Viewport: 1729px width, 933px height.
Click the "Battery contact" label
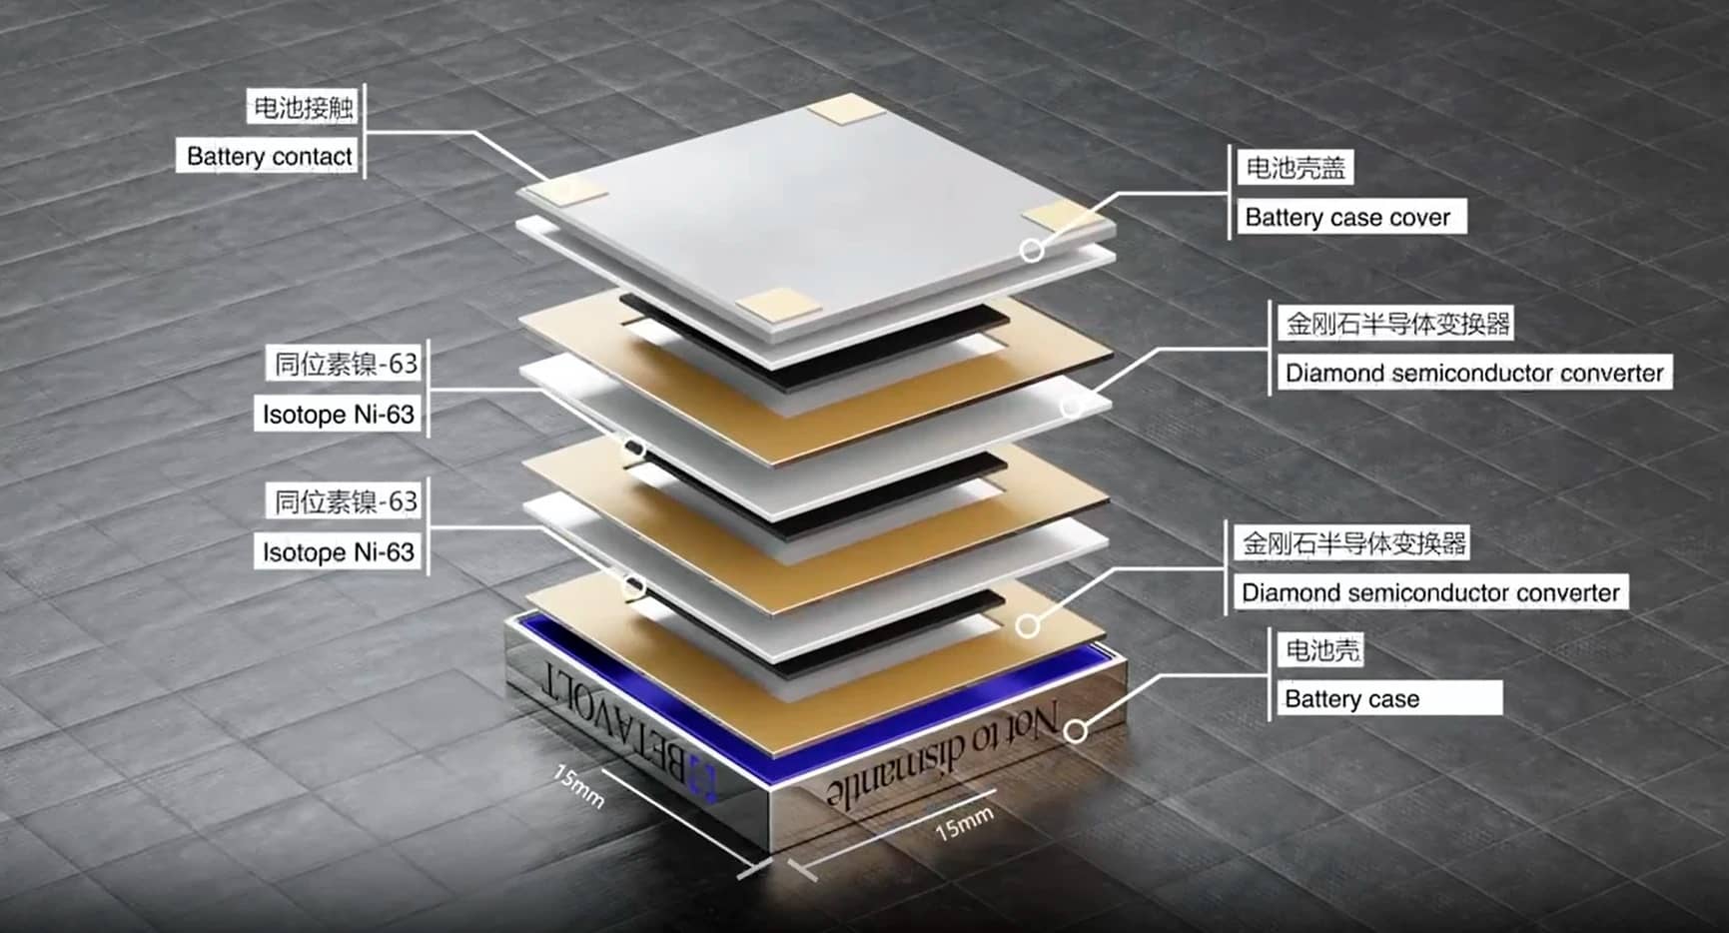click(269, 157)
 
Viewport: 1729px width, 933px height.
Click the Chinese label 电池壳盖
click(1296, 167)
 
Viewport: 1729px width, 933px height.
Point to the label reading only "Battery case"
click(1351, 699)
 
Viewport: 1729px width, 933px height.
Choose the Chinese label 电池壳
click(1322, 650)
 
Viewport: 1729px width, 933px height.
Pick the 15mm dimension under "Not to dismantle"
click(964, 823)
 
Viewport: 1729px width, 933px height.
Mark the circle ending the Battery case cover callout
click(1032, 250)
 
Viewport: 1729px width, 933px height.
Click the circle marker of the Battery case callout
click(1075, 731)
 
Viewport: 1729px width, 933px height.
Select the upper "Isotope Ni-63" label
click(338, 415)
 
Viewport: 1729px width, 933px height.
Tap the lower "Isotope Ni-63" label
click(338, 552)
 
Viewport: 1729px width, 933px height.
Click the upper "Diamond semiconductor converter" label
click(1474, 374)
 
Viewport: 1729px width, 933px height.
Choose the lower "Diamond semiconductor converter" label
click(1430, 592)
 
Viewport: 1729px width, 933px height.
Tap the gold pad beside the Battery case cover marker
click(1062, 214)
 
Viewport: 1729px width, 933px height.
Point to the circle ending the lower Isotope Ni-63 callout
click(633, 586)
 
